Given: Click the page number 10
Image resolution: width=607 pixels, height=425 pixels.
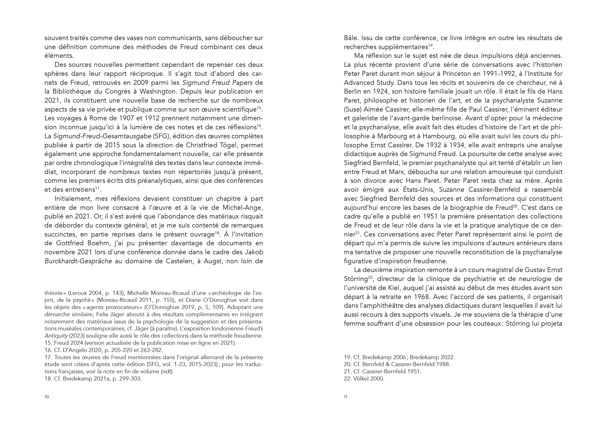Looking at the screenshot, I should pos(47,404).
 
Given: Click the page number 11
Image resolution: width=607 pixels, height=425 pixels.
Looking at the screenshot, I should pos(346,404).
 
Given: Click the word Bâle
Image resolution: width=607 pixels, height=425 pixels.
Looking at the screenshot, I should pos(351,38).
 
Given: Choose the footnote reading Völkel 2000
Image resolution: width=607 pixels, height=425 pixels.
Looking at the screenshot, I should pos(364,378).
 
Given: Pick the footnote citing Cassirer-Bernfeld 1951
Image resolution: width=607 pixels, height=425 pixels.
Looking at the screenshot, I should pos(383,371).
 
